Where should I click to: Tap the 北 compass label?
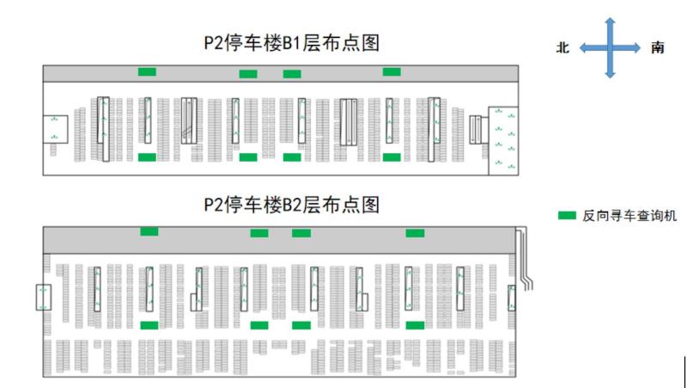pyautogui.click(x=563, y=48)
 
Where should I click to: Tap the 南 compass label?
pyautogui.click(x=657, y=48)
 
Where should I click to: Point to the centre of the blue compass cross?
pyautogui.click(x=610, y=48)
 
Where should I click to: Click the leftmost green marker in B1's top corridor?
pyautogui.click(x=148, y=71)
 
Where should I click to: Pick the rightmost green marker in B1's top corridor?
pyautogui.click(x=392, y=71)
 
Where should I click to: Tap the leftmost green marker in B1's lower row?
pyautogui.click(x=147, y=157)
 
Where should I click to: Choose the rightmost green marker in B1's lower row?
pyautogui.click(x=392, y=157)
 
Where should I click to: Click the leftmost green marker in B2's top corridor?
pyautogui.click(x=149, y=231)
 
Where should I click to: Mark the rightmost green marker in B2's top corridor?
pyautogui.click(x=415, y=233)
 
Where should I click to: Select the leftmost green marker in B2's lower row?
pyautogui.click(x=149, y=325)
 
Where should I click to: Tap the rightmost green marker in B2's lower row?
pyautogui.click(x=415, y=325)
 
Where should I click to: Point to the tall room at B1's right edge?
pyautogui.click(x=502, y=140)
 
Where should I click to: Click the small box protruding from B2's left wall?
pyautogui.click(x=44, y=297)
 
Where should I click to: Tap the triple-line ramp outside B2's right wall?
pyautogui.click(x=526, y=258)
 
